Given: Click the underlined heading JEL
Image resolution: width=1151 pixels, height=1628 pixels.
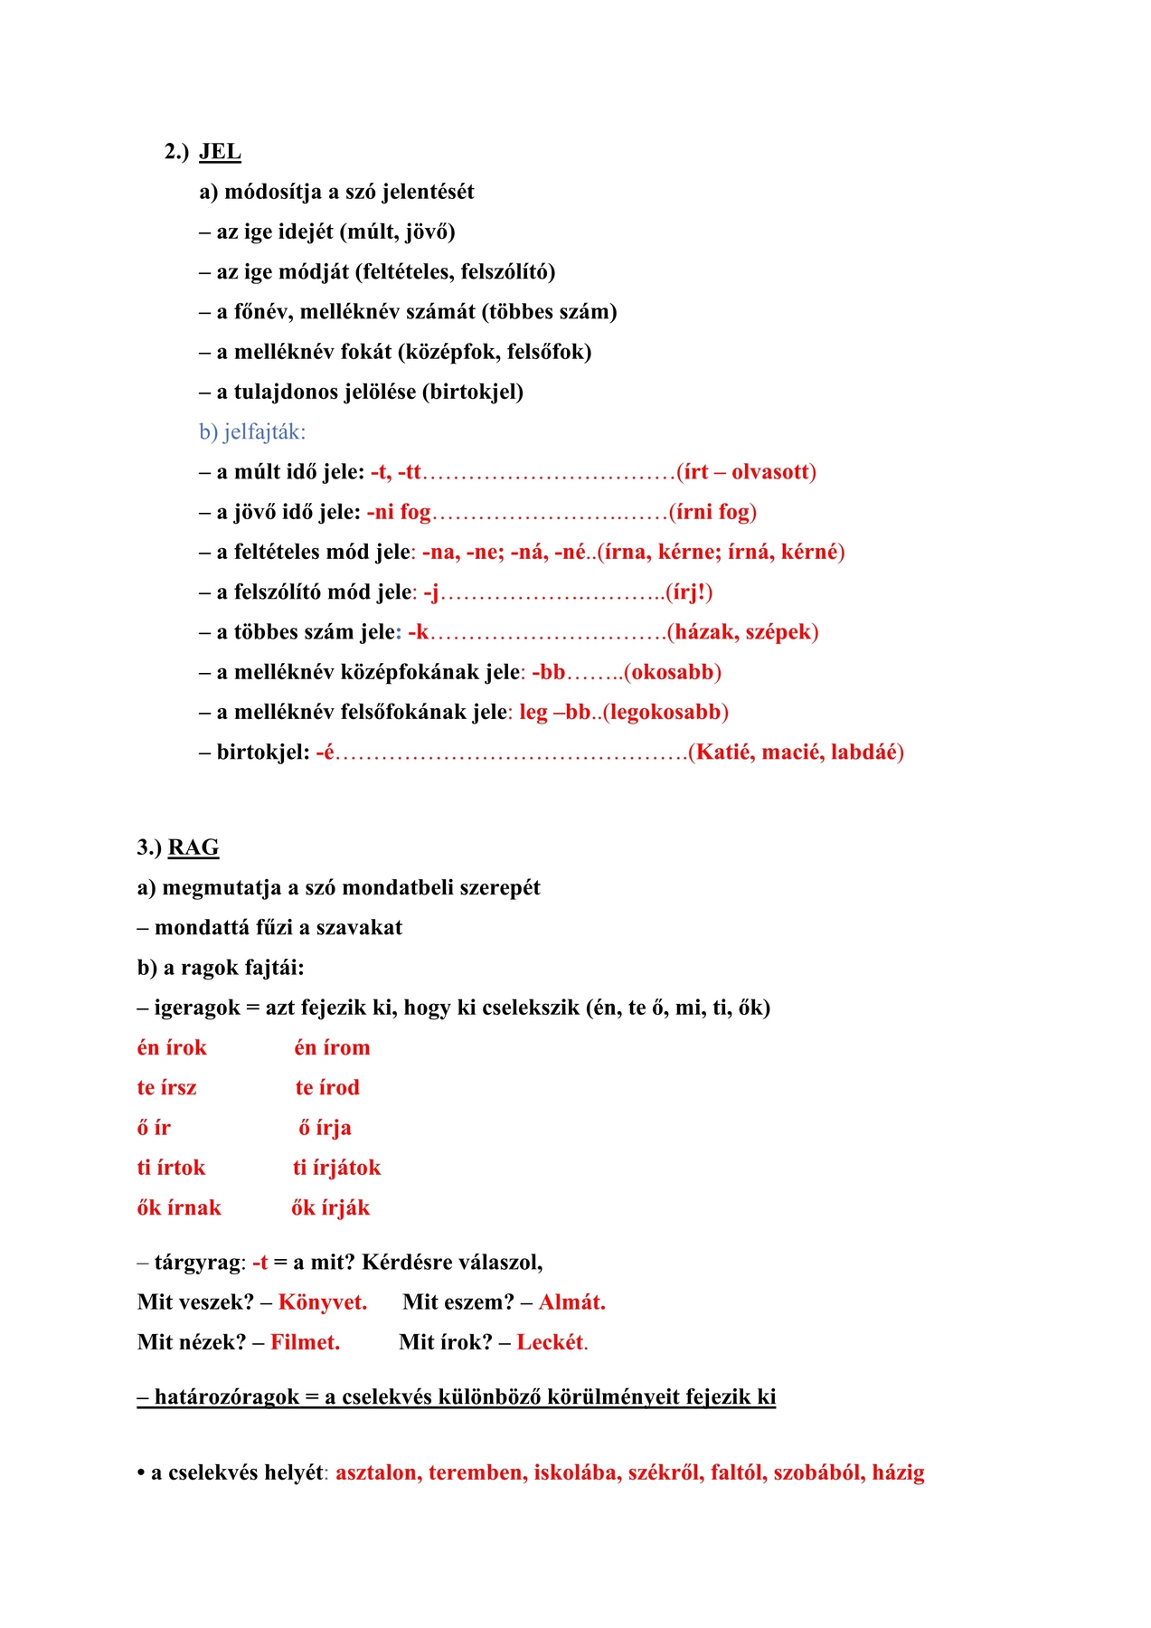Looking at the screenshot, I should pyautogui.click(x=220, y=151).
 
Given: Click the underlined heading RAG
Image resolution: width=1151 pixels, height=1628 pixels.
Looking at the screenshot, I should pyautogui.click(x=193, y=847).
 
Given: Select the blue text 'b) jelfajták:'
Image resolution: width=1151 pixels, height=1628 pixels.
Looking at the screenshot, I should pyautogui.click(x=252, y=432).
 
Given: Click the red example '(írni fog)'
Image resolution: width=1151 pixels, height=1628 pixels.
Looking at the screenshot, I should pyautogui.click(x=712, y=512).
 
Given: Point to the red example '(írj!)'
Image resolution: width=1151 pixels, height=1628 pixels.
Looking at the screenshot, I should pyautogui.click(x=689, y=592).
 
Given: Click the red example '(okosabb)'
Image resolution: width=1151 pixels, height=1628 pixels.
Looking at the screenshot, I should pyautogui.click(x=673, y=672).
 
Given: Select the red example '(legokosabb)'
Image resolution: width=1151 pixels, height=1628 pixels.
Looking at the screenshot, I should pyautogui.click(x=665, y=712).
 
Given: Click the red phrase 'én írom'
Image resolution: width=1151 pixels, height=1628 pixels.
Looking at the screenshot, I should pyautogui.click(x=332, y=1047).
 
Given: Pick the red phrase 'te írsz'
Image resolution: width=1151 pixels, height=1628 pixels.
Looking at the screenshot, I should pyautogui.click(x=166, y=1087).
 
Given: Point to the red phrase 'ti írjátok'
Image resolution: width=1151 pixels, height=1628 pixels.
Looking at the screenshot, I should pyautogui.click(x=336, y=1168).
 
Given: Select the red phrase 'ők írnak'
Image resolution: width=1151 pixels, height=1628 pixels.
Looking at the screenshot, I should pyautogui.click(x=179, y=1207).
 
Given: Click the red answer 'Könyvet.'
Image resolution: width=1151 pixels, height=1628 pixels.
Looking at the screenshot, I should pyautogui.click(x=323, y=1302).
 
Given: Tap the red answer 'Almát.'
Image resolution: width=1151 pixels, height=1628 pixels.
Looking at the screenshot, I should pyautogui.click(x=572, y=1302).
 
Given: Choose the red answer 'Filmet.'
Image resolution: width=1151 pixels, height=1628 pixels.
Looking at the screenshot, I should pyautogui.click(x=306, y=1342).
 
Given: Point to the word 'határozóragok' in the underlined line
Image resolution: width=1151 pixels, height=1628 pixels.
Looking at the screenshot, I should pyautogui.click(x=226, y=1397).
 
